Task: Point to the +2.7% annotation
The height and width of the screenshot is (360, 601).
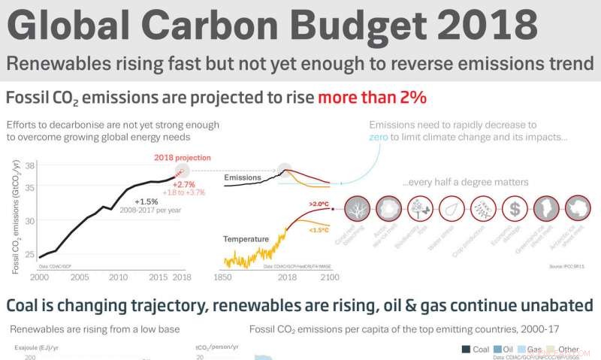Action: click(184, 184)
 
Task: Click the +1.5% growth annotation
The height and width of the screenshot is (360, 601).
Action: click(146, 201)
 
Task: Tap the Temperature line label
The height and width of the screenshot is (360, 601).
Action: click(246, 239)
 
